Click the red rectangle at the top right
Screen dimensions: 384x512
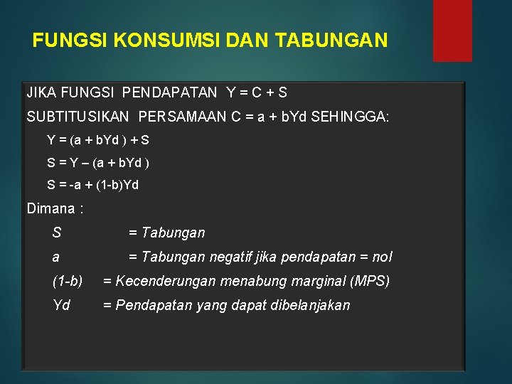(452, 30)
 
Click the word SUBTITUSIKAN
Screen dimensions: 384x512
(78, 117)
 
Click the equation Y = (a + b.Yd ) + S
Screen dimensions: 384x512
(98, 141)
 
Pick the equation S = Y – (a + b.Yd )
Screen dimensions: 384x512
(98, 163)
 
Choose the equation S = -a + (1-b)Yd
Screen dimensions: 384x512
(92, 185)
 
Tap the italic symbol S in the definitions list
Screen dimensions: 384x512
(57, 233)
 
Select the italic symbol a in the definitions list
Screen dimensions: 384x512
(56, 257)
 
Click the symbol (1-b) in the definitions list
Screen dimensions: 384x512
(68, 281)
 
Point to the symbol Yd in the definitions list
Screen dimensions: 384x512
(61, 305)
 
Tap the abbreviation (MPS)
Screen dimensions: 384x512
(370, 281)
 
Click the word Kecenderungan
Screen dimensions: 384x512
(166, 281)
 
